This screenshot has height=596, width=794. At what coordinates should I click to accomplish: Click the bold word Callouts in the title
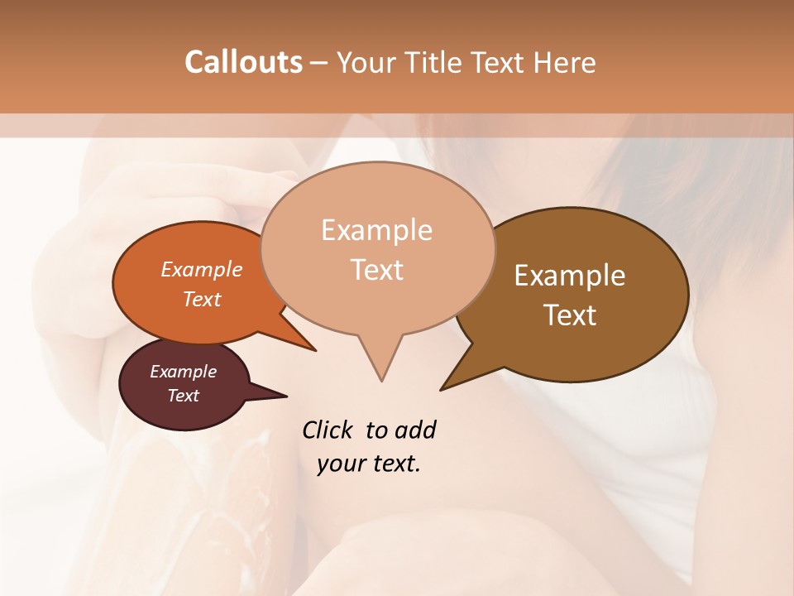[x=243, y=62]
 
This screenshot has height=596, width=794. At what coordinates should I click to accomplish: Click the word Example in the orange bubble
[x=202, y=269]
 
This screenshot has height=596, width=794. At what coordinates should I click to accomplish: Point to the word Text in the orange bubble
[x=202, y=299]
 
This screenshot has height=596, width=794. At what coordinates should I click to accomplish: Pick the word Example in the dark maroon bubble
[x=184, y=372]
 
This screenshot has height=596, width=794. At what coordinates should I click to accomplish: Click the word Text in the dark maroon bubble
[x=184, y=396]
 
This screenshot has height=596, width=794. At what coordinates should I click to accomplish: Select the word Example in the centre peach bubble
[x=377, y=230]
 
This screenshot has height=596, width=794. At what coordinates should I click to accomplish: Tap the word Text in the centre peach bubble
[x=377, y=270]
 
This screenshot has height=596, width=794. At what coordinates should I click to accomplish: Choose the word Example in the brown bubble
[x=570, y=276]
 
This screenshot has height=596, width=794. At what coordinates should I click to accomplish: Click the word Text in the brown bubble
[x=570, y=315]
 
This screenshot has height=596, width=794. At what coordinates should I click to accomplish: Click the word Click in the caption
[x=328, y=430]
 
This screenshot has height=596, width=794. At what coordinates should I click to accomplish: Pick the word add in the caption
[x=416, y=430]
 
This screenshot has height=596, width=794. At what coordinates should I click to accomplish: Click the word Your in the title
[x=368, y=62]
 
